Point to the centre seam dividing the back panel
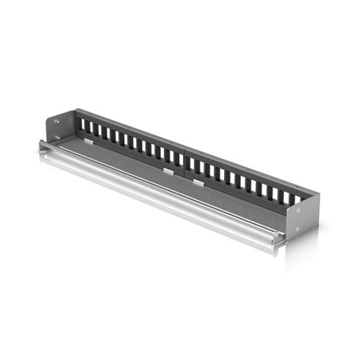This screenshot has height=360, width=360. [184, 161]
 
